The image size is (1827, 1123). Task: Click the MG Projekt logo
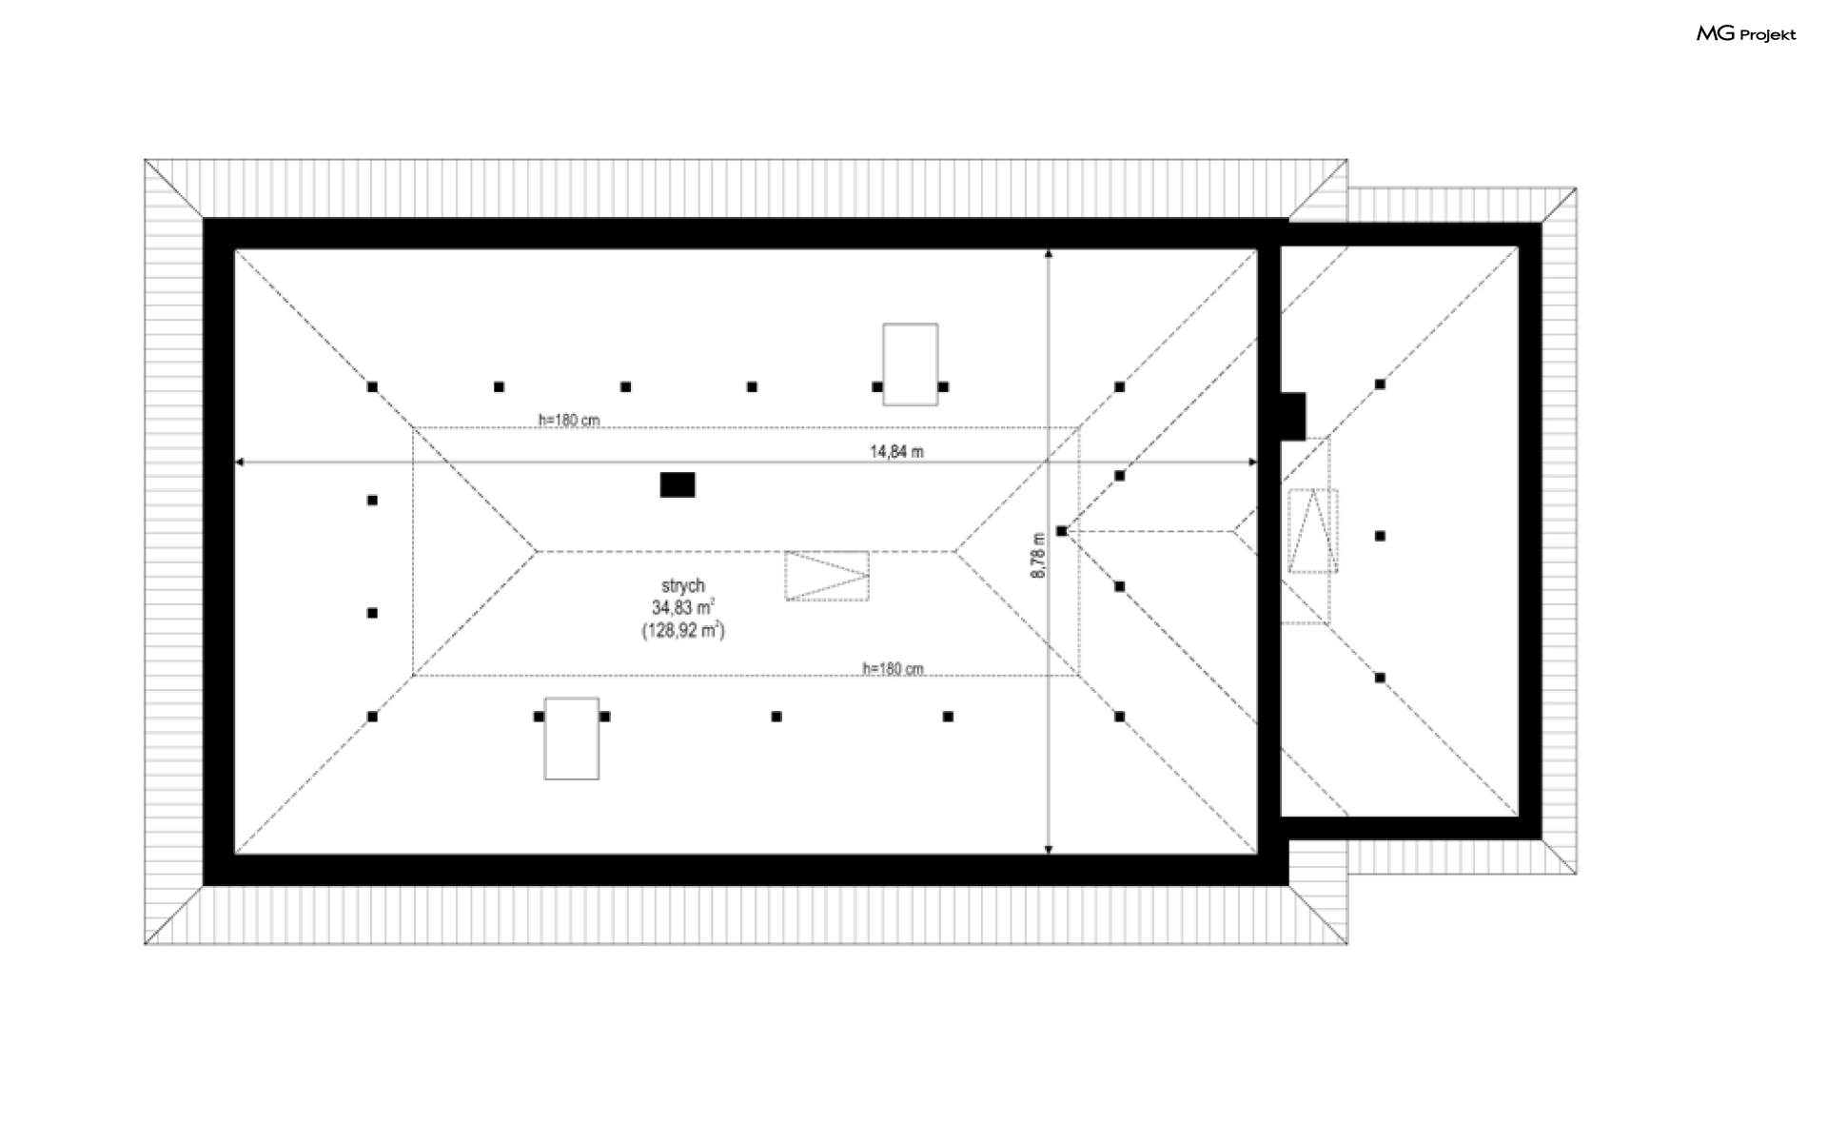(x=1746, y=35)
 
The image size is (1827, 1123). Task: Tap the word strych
(x=683, y=586)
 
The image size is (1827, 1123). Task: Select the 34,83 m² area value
(x=683, y=607)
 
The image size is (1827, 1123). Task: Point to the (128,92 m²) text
(x=683, y=629)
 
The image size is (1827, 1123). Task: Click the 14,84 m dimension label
(x=896, y=452)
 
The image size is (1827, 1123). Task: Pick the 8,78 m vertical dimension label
(x=1037, y=555)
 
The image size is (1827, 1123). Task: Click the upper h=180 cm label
(x=569, y=420)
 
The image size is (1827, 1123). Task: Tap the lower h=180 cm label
(x=893, y=668)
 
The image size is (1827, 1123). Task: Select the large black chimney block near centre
(x=678, y=484)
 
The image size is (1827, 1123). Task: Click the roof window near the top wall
(x=910, y=364)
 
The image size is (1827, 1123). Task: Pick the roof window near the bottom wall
(x=572, y=739)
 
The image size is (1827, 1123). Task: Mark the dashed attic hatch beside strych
(x=827, y=576)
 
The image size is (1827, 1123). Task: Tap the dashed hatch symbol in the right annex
(x=1313, y=530)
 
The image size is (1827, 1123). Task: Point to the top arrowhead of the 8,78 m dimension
(x=1049, y=253)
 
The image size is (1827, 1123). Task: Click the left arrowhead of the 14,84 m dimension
(x=239, y=462)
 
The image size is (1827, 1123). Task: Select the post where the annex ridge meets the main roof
(x=1062, y=531)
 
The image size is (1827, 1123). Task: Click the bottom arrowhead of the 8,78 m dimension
(x=1049, y=849)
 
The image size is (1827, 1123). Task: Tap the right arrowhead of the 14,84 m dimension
(x=1252, y=462)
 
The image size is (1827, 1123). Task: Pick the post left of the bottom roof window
(x=539, y=717)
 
